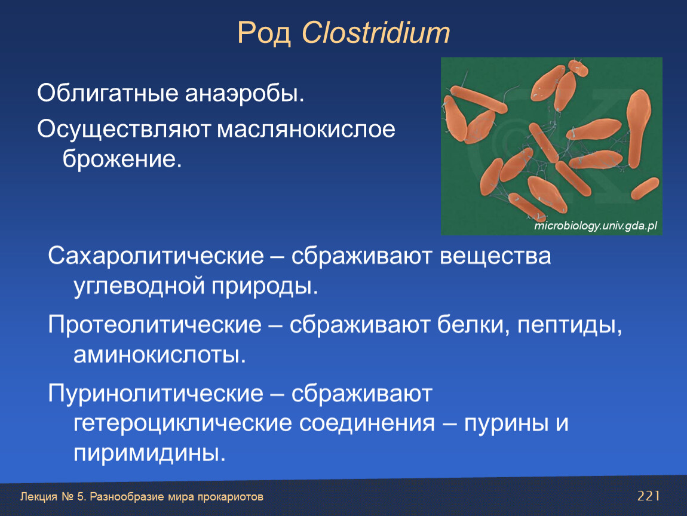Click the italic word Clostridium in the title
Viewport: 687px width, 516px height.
tap(376, 32)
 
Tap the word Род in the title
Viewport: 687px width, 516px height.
tap(264, 33)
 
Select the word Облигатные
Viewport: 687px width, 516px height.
tap(108, 93)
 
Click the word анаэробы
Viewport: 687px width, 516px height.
tap(244, 93)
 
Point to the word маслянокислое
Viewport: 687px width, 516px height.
tap(306, 129)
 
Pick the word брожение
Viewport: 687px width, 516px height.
tap(122, 159)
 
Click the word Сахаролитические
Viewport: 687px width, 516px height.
tap(156, 256)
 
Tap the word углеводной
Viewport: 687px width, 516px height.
tap(139, 287)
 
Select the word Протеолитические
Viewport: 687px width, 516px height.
tap(155, 325)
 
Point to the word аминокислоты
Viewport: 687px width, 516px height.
tap(160, 355)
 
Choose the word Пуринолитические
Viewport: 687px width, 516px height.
tap(155, 394)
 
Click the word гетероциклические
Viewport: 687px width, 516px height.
tap(183, 423)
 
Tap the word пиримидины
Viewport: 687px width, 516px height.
tap(149, 453)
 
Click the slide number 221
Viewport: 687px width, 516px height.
tap(648, 496)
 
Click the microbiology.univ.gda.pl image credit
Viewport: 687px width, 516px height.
tap(596, 226)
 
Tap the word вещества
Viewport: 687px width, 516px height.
tap(495, 256)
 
